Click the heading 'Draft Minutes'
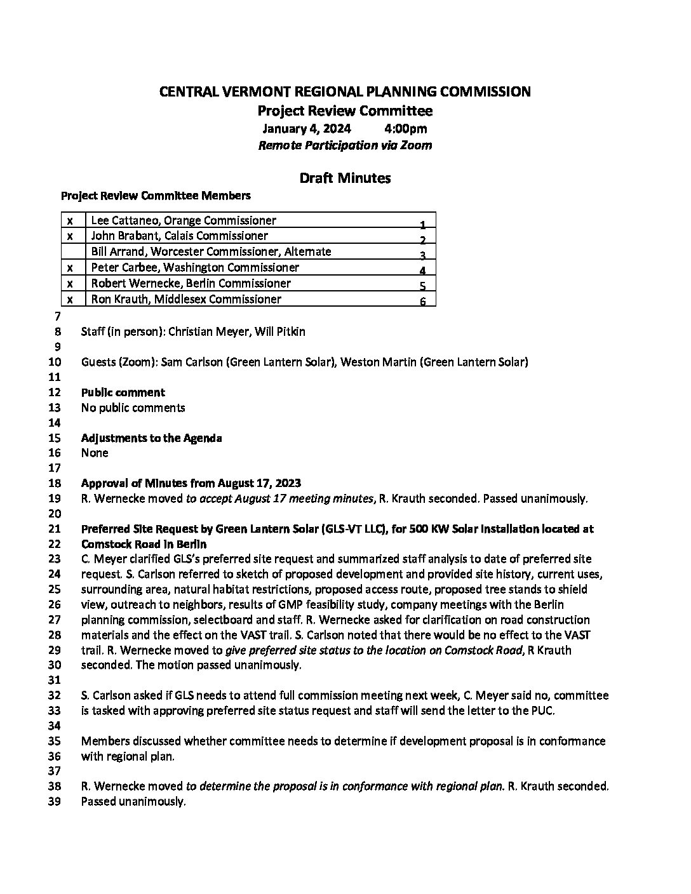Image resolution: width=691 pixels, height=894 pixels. click(x=345, y=178)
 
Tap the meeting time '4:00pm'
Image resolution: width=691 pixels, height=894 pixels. click(x=406, y=129)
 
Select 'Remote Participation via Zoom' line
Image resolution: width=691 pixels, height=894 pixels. click(x=345, y=145)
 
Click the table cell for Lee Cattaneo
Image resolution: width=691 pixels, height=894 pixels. click(x=184, y=220)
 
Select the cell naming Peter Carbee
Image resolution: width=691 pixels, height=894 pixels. click(x=195, y=267)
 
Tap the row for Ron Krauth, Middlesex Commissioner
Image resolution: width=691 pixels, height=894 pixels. click(x=186, y=299)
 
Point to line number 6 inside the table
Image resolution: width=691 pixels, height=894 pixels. click(x=423, y=302)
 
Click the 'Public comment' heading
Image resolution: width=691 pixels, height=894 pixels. click(x=123, y=392)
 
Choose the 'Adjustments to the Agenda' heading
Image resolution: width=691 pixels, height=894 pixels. click(x=151, y=438)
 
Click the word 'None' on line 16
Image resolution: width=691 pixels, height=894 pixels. click(x=95, y=453)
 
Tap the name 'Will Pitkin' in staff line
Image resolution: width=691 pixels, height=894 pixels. click(x=280, y=331)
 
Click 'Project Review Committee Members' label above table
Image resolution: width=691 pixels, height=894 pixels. click(x=156, y=196)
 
